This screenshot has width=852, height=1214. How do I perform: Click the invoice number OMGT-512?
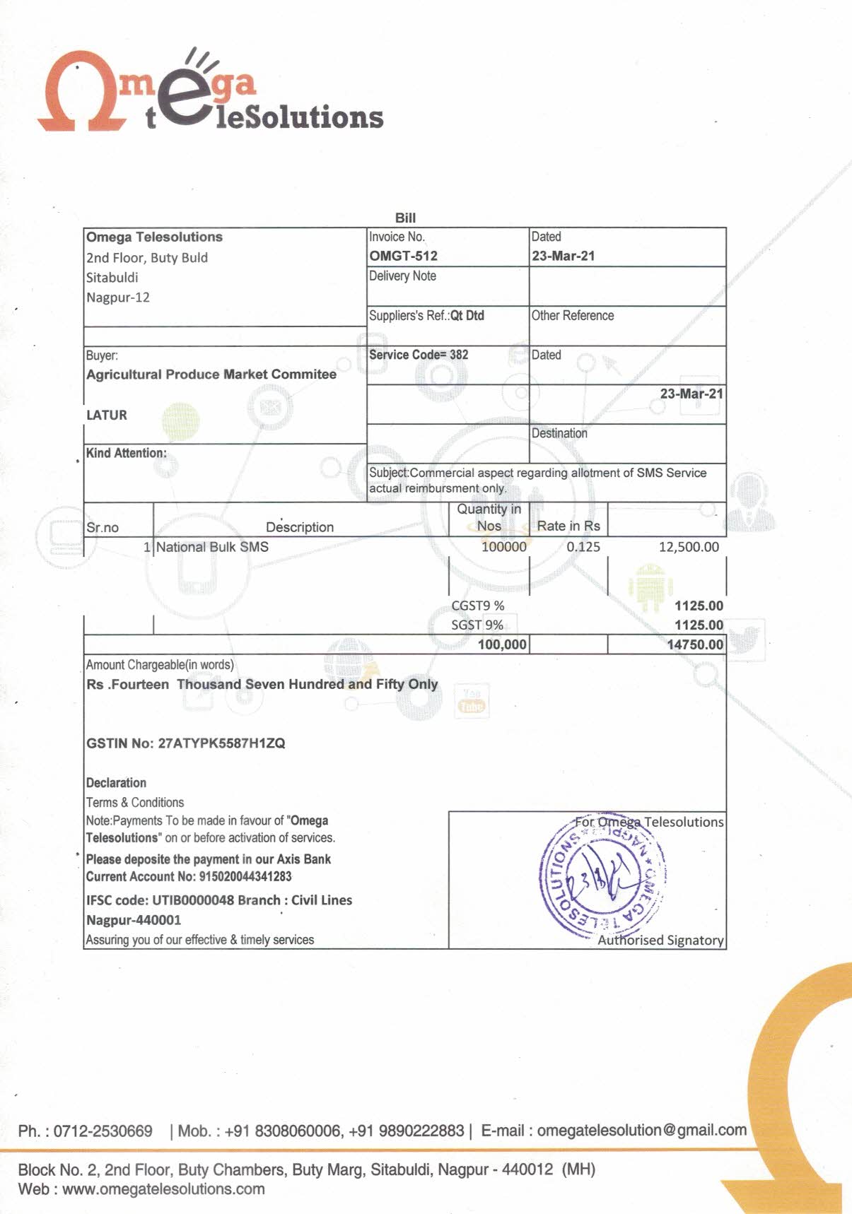pos(403,256)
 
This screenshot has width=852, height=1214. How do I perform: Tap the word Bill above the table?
pos(405,218)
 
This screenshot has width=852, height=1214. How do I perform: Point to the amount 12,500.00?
pos(689,547)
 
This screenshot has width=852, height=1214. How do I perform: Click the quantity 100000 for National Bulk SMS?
pos(503,547)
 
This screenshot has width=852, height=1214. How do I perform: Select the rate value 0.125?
pos(583,547)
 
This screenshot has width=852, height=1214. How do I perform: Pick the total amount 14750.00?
pos(695,644)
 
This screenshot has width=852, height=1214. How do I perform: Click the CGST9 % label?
pos(478,606)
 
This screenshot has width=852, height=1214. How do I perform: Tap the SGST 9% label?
pos(477,625)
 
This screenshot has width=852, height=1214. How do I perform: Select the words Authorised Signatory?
pos(660,940)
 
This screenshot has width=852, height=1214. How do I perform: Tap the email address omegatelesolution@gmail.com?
pos(641,1130)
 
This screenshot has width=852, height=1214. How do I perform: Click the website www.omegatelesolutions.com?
pos(163,1189)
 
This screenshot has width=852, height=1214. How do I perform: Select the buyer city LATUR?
pos(107,415)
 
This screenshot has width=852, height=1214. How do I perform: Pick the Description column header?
pos(300,527)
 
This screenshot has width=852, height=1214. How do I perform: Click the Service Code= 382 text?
pos(419,355)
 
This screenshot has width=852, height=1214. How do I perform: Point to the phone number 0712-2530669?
pos(103,1131)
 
